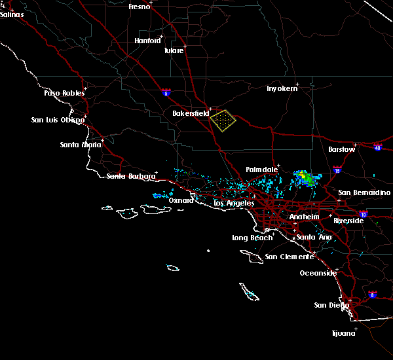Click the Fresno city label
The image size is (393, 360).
pos(139,7)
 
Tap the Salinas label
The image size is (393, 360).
pos(12,14)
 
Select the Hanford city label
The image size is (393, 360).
pos(147,41)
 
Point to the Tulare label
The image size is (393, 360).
pos(174,50)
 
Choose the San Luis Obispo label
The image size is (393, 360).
pos(58,120)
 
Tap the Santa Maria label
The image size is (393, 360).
pos(80,145)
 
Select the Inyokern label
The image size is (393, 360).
pos(282,88)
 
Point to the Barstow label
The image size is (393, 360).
pos(342,149)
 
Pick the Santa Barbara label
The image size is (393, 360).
pos(131,176)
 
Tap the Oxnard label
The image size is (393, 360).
pos(181,200)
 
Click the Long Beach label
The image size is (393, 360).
pos(252,238)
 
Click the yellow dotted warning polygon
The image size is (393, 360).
pos(223,120)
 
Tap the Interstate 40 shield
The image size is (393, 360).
pos(378,148)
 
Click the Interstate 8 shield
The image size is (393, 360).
pos(373,295)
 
